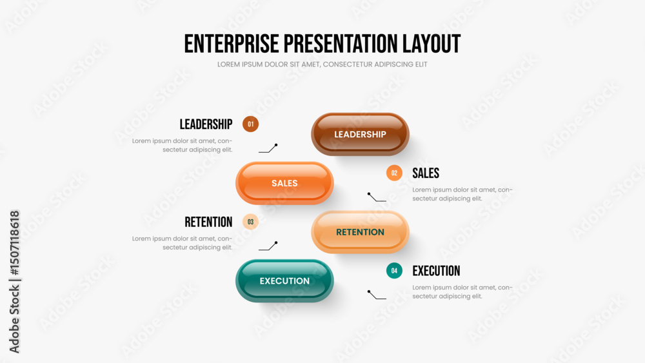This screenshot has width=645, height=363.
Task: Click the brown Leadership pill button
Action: pos(360,134)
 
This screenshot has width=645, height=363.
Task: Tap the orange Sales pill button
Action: pos(284,183)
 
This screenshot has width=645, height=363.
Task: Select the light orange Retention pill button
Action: pos(360,232)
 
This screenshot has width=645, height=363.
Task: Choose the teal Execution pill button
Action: pos(284,280)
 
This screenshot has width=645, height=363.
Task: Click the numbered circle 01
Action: pos(250,124)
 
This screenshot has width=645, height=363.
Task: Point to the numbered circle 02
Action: pos(394,173)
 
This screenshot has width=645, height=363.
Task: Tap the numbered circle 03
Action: pos(250,222)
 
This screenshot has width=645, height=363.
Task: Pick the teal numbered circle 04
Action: pos(394,271)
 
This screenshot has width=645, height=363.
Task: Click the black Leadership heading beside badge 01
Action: pos(206,124)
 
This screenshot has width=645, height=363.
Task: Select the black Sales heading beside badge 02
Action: pos(426,173)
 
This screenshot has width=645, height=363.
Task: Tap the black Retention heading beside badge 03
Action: pos(208,222)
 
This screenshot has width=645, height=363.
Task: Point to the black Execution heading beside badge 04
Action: pos(436,271)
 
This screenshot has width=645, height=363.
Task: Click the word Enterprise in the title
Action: pos(232,44)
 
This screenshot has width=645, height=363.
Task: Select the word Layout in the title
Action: pos(432,44)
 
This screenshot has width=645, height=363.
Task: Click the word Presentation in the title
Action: pos(341,44)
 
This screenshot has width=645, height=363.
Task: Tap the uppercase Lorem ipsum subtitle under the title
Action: pos(322,64)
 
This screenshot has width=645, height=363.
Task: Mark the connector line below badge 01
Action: pos(268,149)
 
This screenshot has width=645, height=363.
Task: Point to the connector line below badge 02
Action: pos(377,197)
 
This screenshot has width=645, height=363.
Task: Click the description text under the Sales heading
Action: pos(462,194)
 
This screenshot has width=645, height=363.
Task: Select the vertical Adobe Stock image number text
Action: pos(14,282)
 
